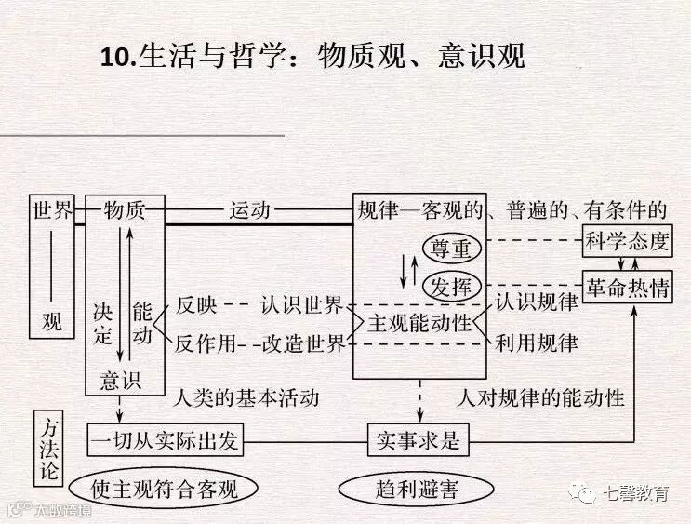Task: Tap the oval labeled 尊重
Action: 451,249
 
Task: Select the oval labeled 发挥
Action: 451,287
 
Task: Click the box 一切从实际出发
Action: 165,440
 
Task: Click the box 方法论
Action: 49,446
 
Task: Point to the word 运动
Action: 249,210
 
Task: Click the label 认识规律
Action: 537,302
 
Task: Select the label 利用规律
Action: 537,343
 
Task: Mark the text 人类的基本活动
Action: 246,398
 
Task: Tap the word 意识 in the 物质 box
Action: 120,380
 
